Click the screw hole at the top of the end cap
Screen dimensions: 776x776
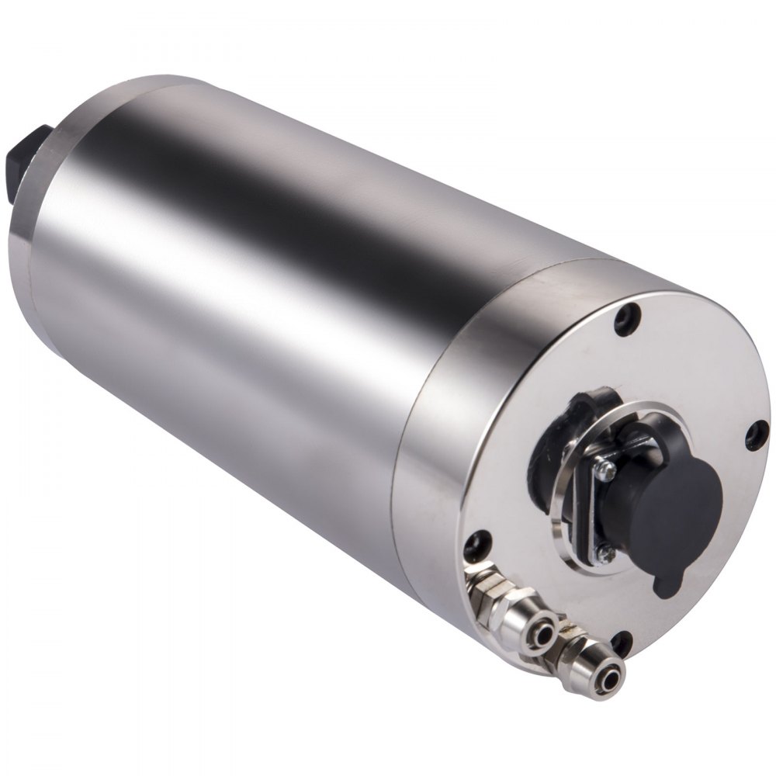(627, 318)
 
